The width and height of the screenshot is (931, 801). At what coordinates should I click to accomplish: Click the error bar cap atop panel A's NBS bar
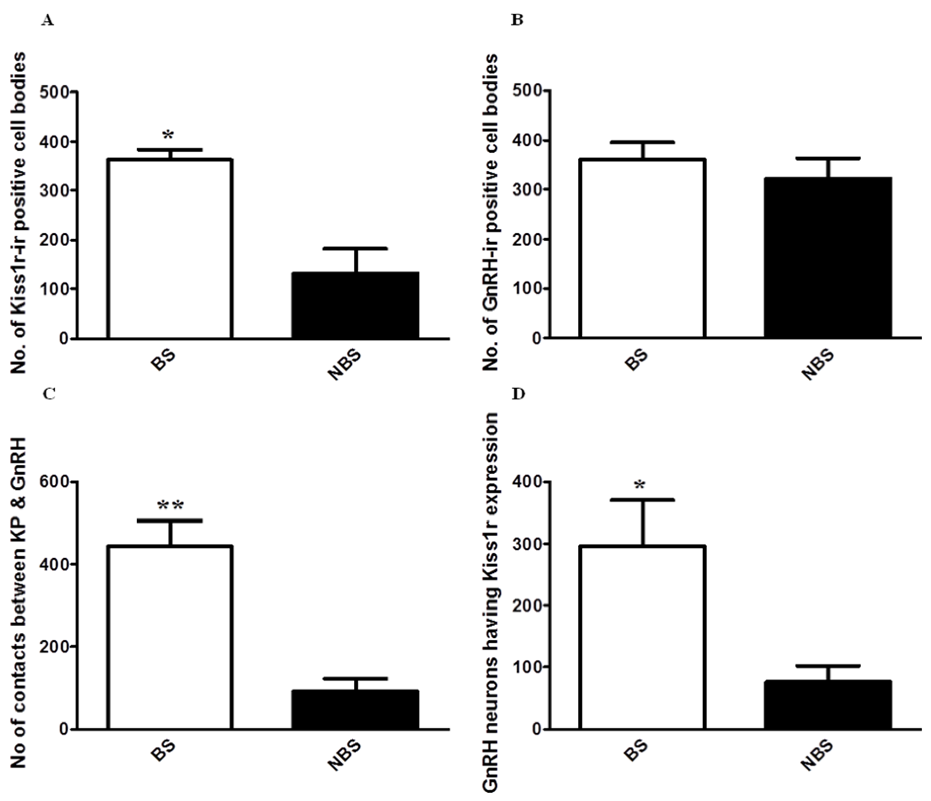tap(355, 248)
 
